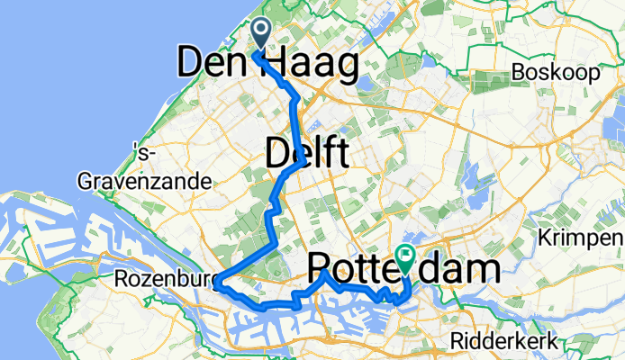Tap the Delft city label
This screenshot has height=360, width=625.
pos(306,153)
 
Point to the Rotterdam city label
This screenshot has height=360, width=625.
pos(403,269)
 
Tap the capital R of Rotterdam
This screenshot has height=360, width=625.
pos(322,269)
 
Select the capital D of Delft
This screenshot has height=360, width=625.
pos(277,153)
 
